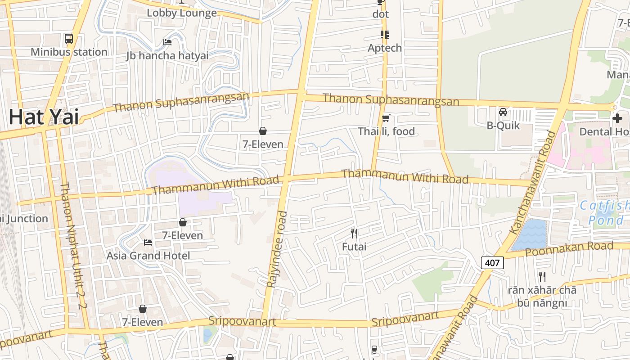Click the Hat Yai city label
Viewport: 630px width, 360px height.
(44, 117)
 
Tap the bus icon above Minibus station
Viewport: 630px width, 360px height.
(69, 39)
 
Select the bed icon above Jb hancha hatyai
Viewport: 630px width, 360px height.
(167, 42)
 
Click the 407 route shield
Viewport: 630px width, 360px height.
(492, 262)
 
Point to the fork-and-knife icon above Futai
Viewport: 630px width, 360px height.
(354, 233)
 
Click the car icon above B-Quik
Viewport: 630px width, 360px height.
(503, 112)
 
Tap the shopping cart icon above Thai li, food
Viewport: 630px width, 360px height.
(386, 118)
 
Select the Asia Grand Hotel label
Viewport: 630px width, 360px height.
(148, 256)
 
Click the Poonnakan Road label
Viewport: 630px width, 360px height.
(569, 248)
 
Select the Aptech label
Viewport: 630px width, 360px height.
(385, 48)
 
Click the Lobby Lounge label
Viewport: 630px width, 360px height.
(182, 13)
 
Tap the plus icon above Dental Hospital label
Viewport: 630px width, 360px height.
(617, 118)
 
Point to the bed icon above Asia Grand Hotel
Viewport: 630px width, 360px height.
(148, 243)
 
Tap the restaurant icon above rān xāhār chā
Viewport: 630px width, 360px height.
(542, 276)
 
